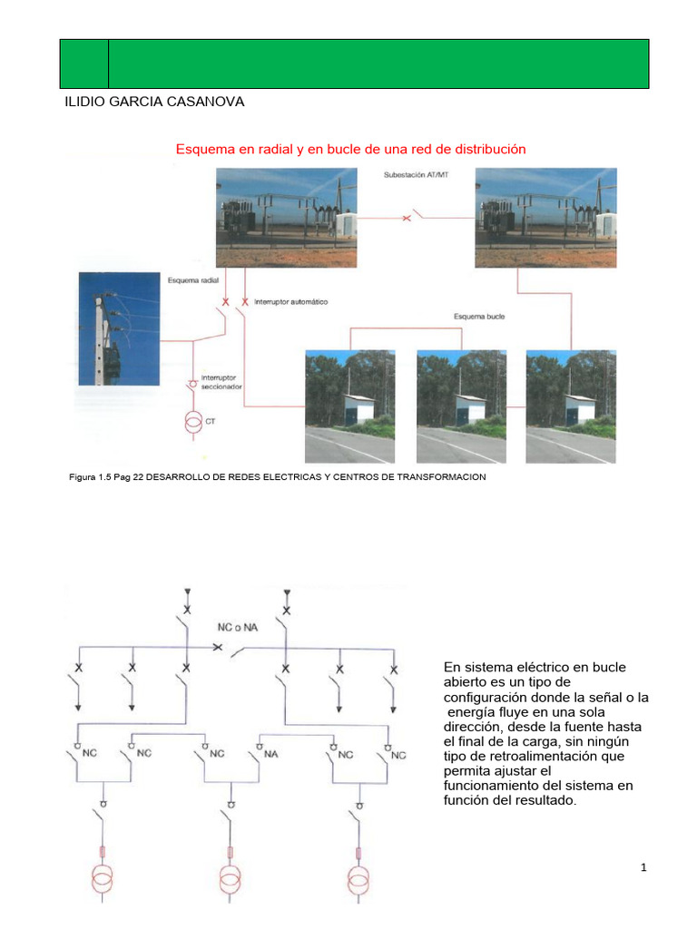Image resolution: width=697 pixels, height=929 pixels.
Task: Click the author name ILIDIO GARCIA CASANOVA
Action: [152, 102]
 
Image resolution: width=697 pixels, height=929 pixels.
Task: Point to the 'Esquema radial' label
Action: [194, 280]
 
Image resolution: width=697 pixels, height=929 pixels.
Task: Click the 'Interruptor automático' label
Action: [290, 300]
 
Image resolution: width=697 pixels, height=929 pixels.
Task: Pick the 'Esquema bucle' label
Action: [479, 317]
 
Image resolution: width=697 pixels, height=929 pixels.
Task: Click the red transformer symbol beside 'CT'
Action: [192, 422]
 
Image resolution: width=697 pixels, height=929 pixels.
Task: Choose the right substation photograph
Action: [547, 217]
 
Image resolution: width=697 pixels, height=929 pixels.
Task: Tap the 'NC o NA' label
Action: [237, 627]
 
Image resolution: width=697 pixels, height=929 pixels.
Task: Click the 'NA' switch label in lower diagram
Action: [270, 753]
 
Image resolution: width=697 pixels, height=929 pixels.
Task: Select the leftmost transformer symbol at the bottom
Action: [103, 880]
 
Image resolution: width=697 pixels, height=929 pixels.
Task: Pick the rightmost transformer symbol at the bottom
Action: [359, 880]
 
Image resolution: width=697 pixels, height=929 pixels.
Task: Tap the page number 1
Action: [643, 868]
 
